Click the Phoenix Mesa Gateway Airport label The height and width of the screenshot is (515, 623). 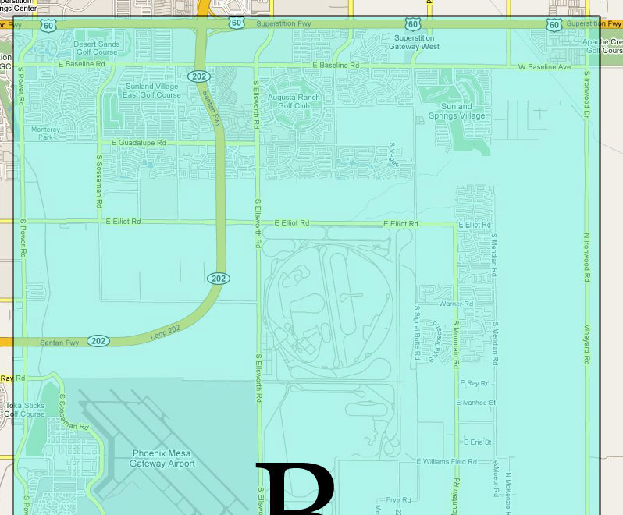tap(163, 458)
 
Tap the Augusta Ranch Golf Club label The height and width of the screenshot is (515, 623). tap(294, 101)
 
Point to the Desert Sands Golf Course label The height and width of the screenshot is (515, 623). tap(96, 48)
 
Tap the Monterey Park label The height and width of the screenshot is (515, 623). tap(45, 133)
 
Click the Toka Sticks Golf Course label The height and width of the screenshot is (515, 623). tap(24, 410)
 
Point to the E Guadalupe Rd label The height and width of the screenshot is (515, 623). tap(139, 143)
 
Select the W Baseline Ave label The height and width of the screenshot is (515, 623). tap(544, 67)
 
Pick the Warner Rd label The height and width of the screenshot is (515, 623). tap(457, 304)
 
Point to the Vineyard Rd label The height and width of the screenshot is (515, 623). tap(586, 343)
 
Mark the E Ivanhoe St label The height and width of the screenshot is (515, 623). tap(475, 403)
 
